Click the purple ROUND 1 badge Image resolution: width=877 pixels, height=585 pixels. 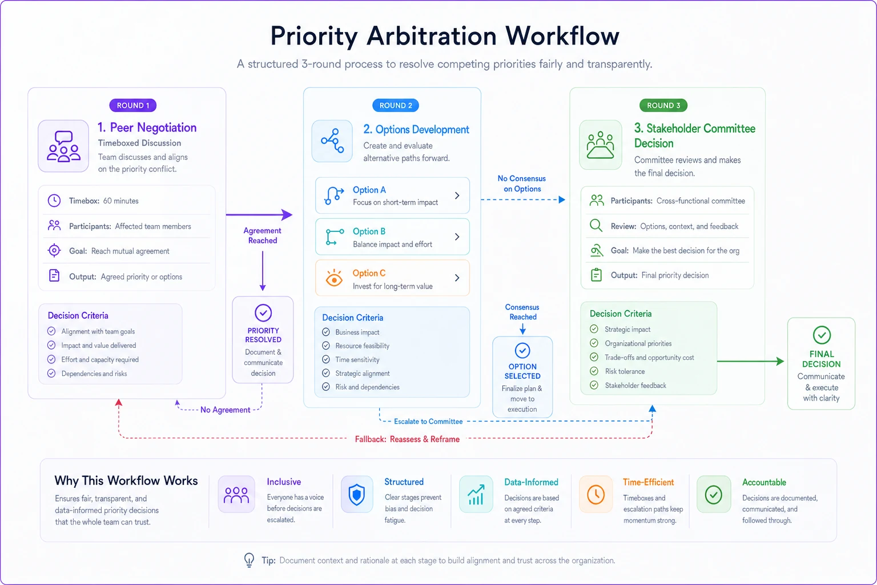[x=132, y=105]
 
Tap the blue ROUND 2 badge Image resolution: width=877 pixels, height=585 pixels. [x=396, y=105]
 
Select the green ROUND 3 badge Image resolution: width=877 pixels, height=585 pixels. [x=663, y=105]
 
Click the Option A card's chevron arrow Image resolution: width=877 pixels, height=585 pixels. [x=457, y=195]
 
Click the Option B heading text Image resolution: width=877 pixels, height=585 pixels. [x=369, y=231]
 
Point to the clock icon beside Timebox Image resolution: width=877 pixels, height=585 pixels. [x=54, y=201]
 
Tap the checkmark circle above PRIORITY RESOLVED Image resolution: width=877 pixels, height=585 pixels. [x=263, y=312]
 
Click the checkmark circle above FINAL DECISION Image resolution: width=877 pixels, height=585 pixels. [x=822, y=335]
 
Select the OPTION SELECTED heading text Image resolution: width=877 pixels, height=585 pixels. [x=522, y=371]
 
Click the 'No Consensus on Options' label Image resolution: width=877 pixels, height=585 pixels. [x=522, y=183]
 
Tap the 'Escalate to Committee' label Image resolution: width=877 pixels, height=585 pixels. [x=428, y=422]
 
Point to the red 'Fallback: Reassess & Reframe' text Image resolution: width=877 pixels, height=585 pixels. [x=407, y=439]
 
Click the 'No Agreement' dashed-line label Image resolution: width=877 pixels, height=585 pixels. [x=225, y=410]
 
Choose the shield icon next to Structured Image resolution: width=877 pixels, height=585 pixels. [x=357, y=495]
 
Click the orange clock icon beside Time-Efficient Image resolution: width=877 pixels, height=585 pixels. [x=596, y=495]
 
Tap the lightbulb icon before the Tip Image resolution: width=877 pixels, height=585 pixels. [x=249, y=560]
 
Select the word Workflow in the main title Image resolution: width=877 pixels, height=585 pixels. [x=562, y=36]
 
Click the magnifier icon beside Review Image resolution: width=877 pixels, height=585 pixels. [x=596, y=226]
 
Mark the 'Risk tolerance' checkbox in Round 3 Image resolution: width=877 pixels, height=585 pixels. [x=594, y=371]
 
